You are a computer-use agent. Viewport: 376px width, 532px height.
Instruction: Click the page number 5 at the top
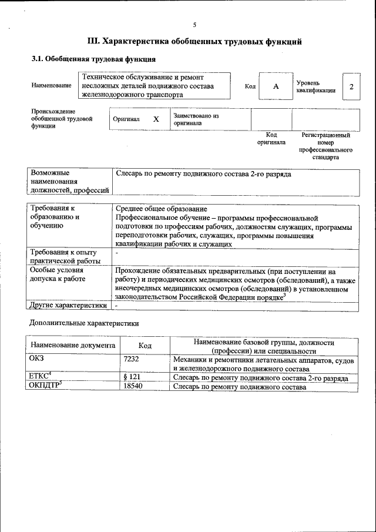(x=194, y=24)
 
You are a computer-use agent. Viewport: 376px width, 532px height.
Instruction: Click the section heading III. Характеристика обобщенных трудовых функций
(x=194, y=42)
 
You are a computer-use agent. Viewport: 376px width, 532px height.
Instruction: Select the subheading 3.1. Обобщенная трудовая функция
(x=93, y=59)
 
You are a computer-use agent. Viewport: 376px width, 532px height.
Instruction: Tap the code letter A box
(x=276, y=86)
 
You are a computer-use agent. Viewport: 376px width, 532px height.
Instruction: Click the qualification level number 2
(x=351, y=86)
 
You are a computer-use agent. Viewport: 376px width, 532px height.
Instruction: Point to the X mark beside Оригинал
(x=156, y=119)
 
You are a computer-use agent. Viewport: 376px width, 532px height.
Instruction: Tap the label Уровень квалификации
(x=316, y=86)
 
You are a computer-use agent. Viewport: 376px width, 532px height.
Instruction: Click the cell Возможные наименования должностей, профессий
(x=70, y=182)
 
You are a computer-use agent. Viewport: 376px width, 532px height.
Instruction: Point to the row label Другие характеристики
(x=68, y=306)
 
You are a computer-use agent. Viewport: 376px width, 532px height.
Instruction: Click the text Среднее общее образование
(x=161, y=209)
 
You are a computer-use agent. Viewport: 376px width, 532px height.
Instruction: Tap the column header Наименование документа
(x=73, y=346)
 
